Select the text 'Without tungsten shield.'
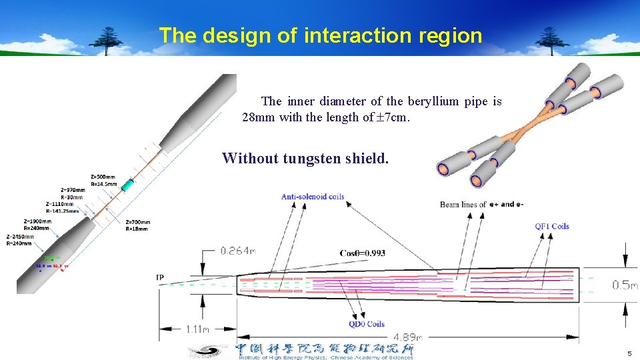[305, 158]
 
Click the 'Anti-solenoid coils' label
[312, 197]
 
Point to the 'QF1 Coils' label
[551, 226]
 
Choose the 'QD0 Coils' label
[366, 325]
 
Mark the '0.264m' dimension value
[238, 251]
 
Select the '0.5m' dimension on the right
[625, 285]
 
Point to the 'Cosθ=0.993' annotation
[362, 253]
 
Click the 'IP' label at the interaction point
[160, 277]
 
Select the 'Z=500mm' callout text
[103, 177]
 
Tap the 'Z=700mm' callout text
[137, 222]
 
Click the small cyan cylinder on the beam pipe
[127, 185]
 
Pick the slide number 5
[628, 353]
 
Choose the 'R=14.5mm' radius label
[103, 183]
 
